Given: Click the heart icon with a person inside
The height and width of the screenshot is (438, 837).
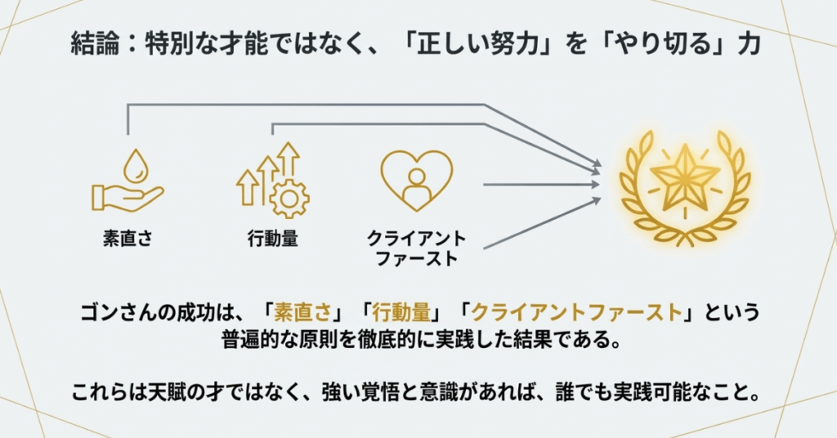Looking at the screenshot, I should [x=416, y=180].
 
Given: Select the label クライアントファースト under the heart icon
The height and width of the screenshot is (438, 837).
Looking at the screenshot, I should [x=416, y=249].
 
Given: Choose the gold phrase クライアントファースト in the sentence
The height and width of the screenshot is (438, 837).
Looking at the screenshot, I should [x=577, y=312].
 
